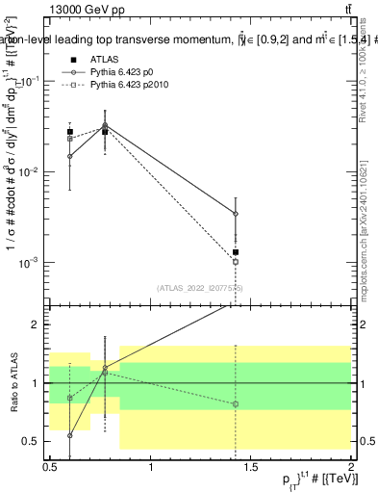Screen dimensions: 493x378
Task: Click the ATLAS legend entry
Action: (105, 59)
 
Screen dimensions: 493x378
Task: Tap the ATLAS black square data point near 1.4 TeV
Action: (236, 252)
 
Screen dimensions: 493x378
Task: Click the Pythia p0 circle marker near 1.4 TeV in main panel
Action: (236, 214)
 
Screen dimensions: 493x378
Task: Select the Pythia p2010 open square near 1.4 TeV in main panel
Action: (236, 261)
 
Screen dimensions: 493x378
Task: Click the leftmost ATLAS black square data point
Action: (69, 132)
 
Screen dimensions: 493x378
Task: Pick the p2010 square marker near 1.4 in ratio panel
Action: (236, 404)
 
